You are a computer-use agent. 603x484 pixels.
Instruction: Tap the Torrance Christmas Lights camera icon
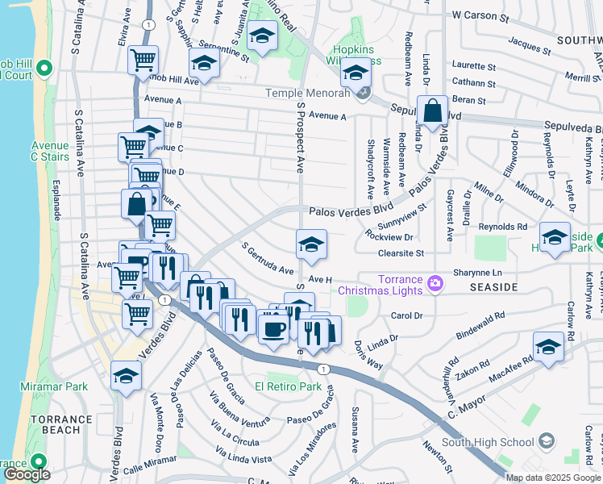pos(436,282)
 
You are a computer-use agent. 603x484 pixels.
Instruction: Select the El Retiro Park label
pos(289,386)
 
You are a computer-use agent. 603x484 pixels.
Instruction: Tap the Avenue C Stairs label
pos(50,151)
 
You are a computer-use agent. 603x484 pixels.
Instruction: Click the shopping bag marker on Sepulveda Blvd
pos(433,113)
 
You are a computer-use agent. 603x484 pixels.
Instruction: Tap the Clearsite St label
pos(401,252)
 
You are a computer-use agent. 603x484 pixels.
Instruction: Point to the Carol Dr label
pos(406,315)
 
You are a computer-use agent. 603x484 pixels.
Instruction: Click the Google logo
pos(27,474)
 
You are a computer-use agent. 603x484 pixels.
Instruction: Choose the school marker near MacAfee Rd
pos(548,346)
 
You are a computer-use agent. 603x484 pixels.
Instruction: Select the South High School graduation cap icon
pos(547,440)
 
